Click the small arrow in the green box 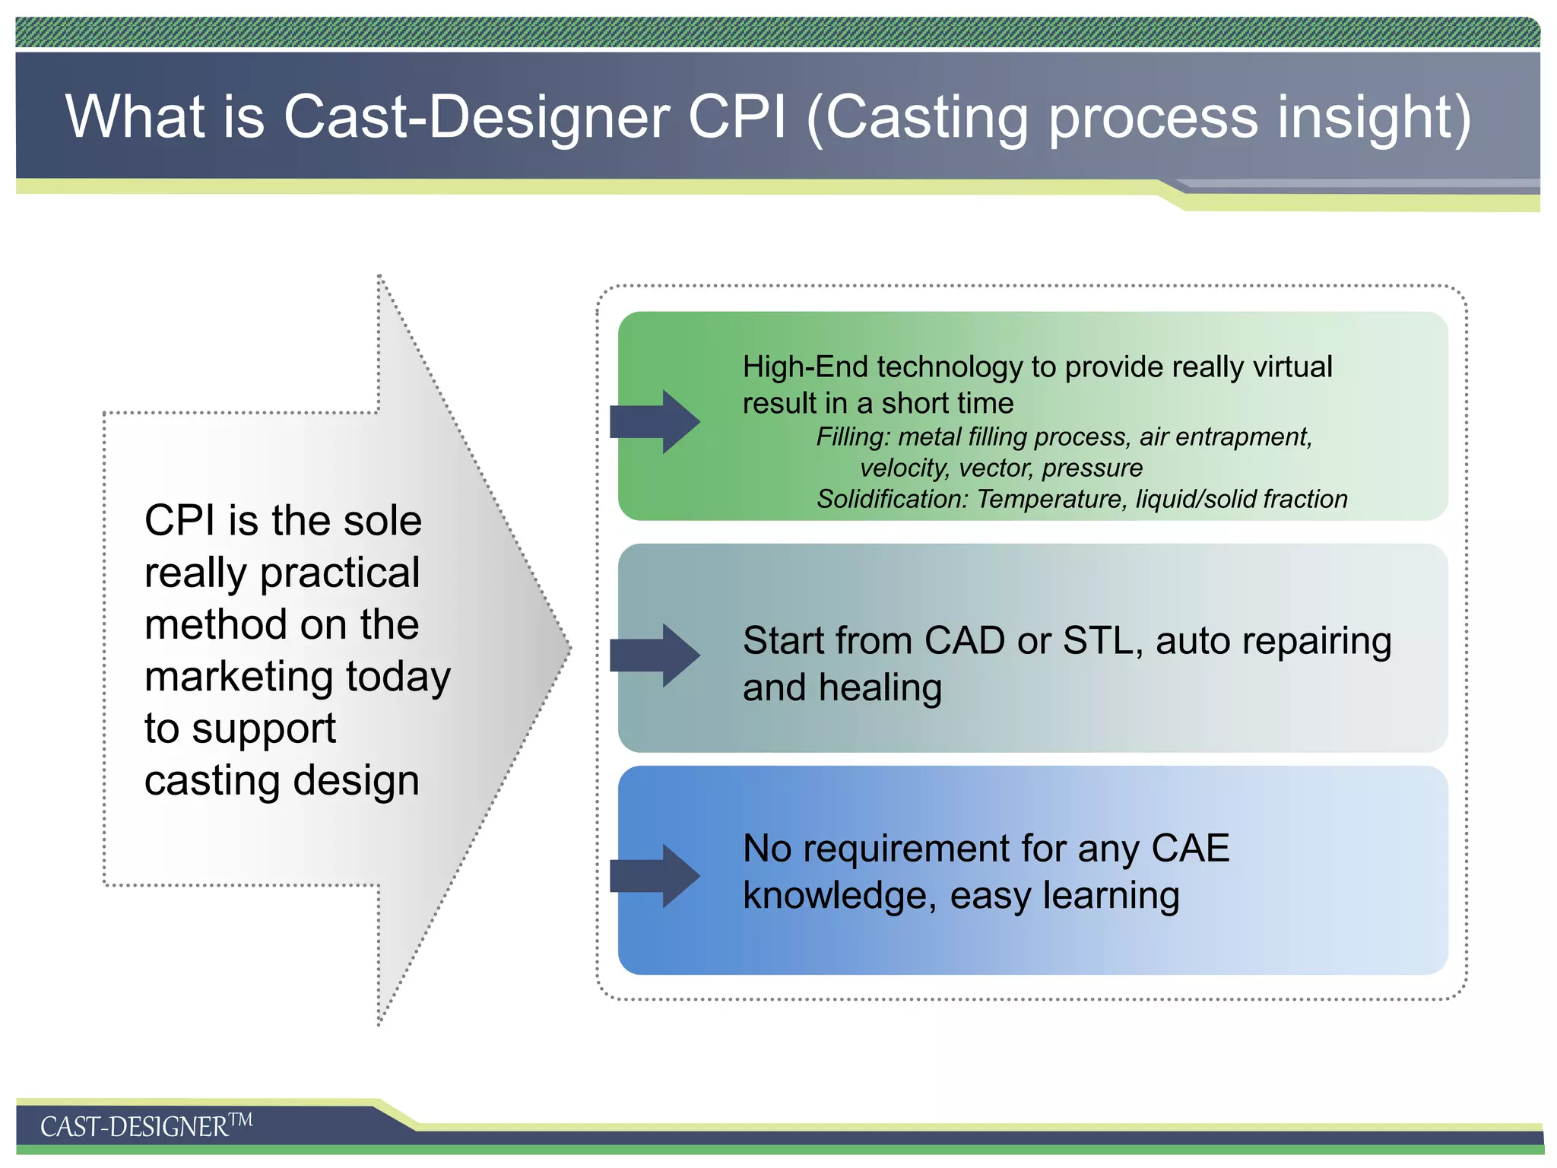655,422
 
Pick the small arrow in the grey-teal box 655,655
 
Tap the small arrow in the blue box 655,876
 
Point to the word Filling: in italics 852,437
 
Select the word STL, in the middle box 1102,641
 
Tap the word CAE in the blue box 1191,849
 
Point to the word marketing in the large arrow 240,677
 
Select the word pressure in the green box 1092,468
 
